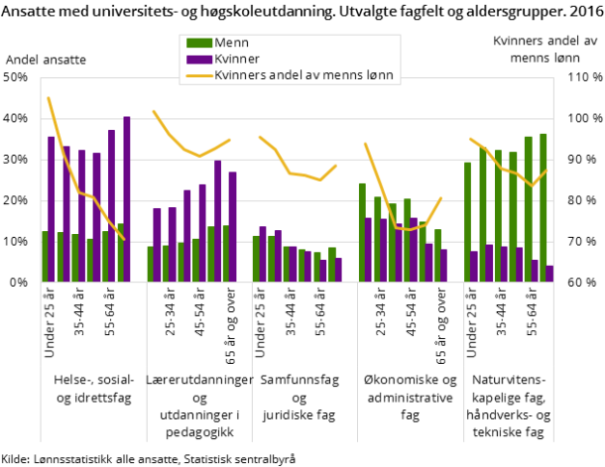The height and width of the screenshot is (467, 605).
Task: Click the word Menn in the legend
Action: pyautogui.click(x=231, y=43)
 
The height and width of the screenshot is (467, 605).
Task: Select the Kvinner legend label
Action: pyautogui.click(x=237, y=58)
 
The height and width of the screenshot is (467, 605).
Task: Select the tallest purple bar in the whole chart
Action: pyautogui.click(x=126, y=198)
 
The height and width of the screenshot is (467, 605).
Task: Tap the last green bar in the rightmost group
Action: pyautogui.click(x=543, y=207)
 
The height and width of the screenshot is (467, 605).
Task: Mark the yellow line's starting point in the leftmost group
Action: pyautogui.click(x=48, y=97)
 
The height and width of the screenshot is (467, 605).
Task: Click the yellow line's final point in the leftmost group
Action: pyautogui.click(x=124, y=239)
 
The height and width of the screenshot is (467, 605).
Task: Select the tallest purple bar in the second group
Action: pyautogui.click(x=217, y=220)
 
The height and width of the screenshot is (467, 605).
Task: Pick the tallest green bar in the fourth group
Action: pyautogui.click(x=362, y=232)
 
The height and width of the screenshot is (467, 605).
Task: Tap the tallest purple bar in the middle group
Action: pyautogui.click(x=263, y=254)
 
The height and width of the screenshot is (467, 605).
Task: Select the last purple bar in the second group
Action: pyautogui.click(x=233, y=226)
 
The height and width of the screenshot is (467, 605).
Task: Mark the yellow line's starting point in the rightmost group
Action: pyautogui.click(x=470, y=139)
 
